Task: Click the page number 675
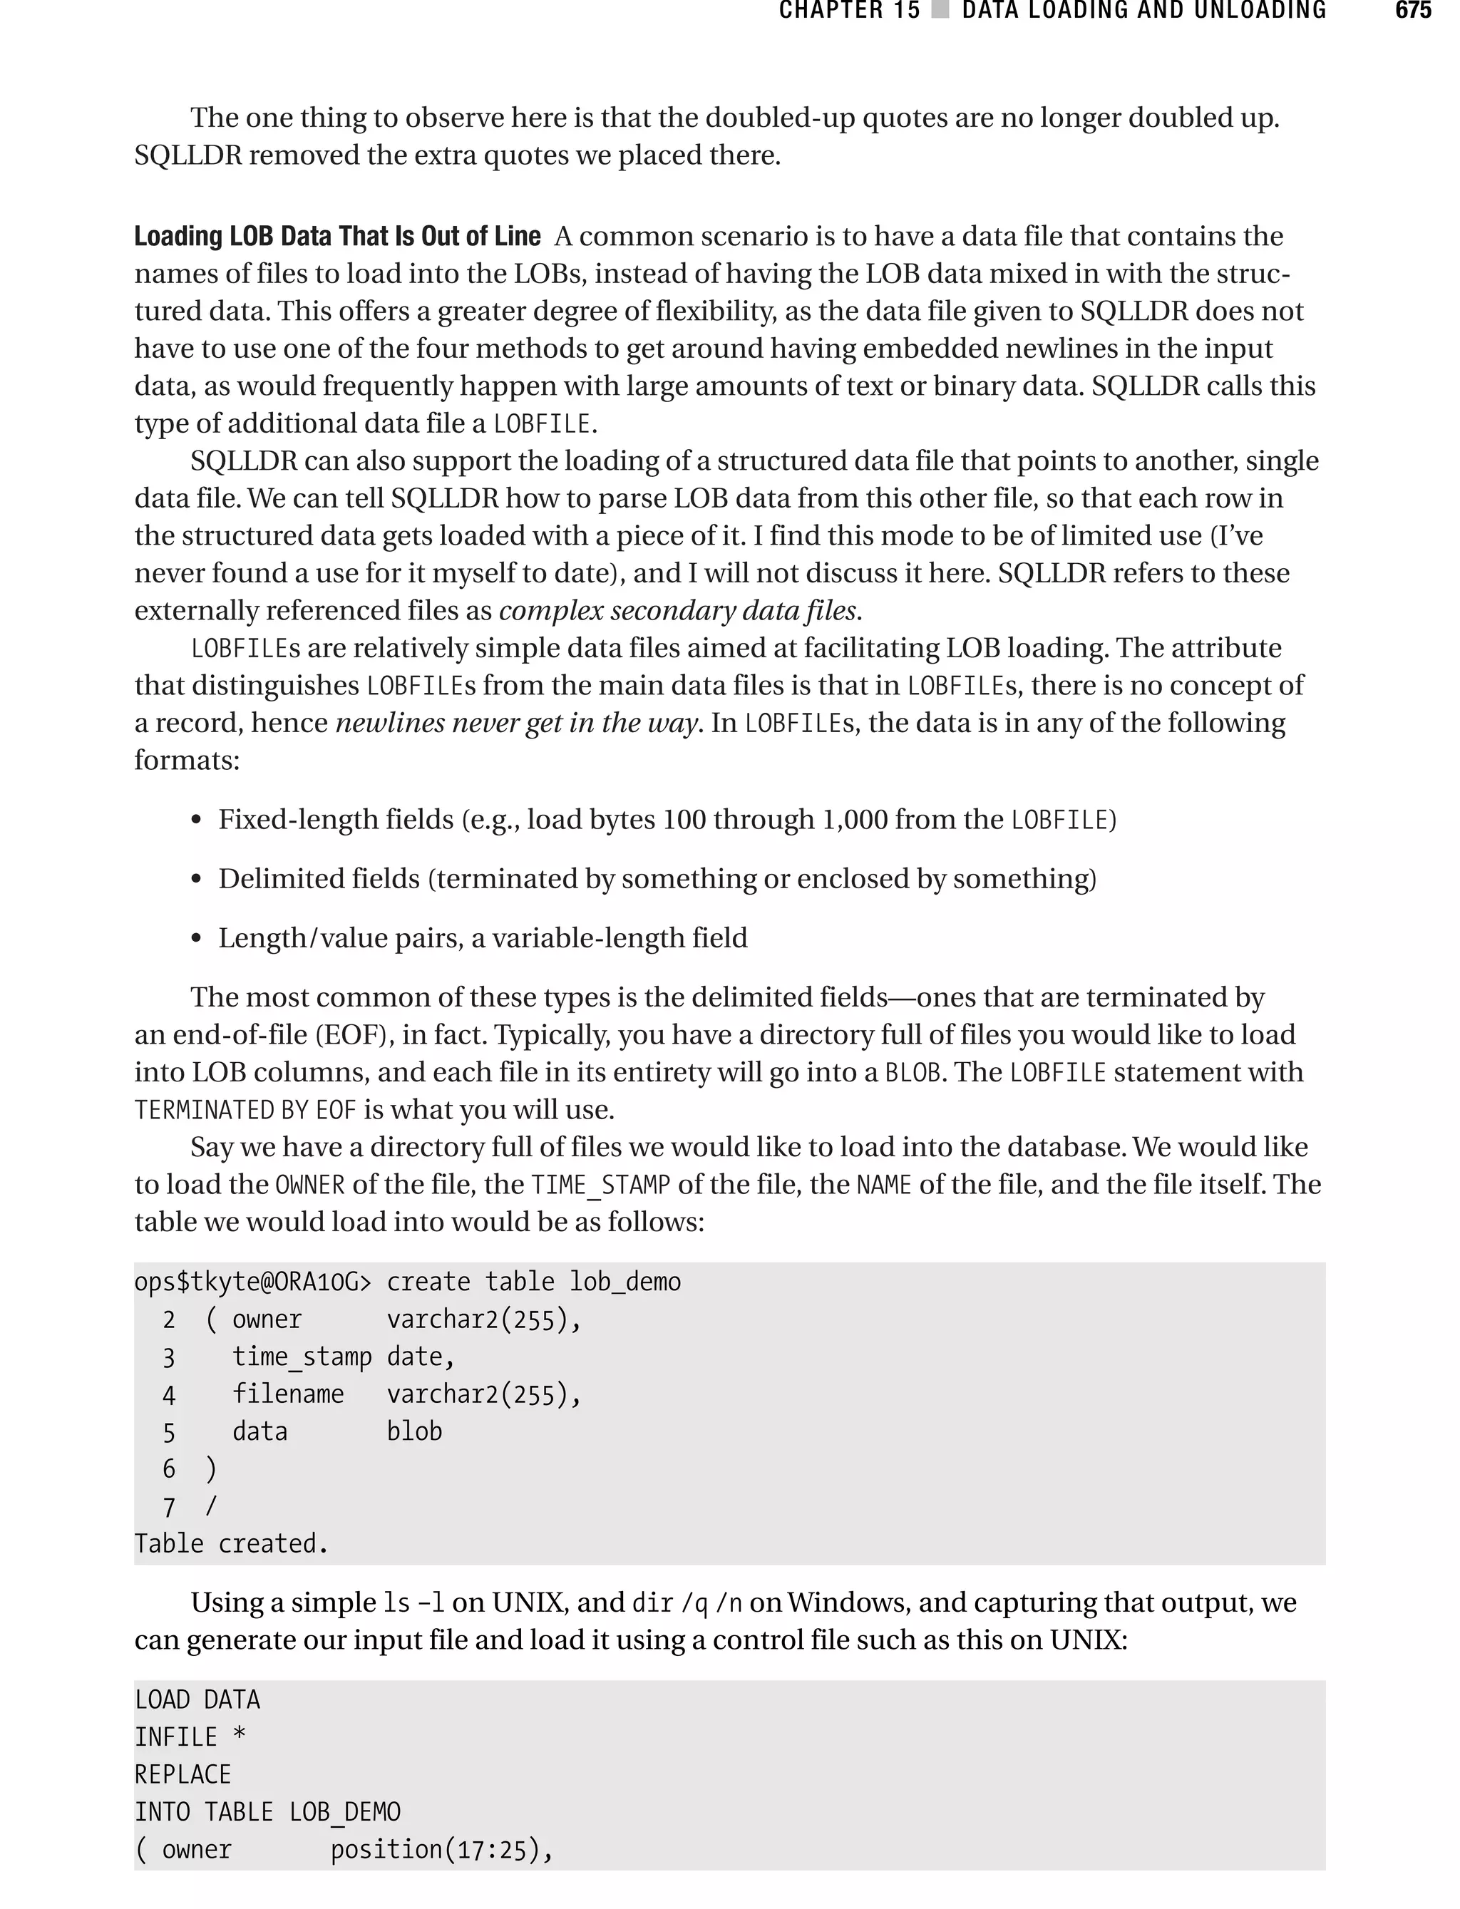point(1412,11)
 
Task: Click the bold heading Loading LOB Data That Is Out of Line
point(336,237)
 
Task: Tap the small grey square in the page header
point(940,11)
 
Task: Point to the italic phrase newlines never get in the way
point(517,723)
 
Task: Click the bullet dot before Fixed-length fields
point(197,821)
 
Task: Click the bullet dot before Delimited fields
point(197,880)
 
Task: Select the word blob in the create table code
point(414,1431)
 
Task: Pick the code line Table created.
point(231,1543)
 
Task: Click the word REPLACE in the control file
point(182,1774)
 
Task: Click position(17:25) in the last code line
point(440,1849)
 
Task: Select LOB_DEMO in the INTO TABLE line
point(345,1811)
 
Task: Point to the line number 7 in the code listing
point(168,1507)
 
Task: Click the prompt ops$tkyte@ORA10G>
point(253,1282)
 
